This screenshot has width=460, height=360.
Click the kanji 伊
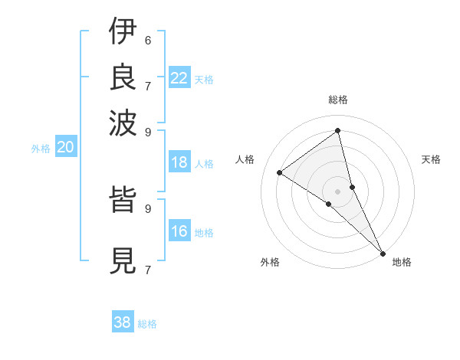pos(123,33)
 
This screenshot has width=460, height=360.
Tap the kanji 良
pos(123,77)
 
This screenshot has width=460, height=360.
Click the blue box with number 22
pos(179,78)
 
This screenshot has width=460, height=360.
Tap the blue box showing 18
pos(179,162)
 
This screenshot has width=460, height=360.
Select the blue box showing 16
pos(179,232)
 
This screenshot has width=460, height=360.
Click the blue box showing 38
pos(123,322)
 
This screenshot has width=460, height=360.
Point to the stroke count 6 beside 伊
pos(148,40)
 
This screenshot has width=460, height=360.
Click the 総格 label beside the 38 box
pos(147,324)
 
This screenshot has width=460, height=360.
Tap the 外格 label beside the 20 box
pos(41,149)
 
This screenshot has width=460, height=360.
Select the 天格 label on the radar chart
pos(431,159)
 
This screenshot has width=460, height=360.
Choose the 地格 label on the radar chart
pos(402,262)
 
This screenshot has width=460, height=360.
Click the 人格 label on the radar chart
pos(245,159)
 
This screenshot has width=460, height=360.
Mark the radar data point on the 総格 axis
pos(338,130)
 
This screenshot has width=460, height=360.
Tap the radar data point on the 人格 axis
pos(279,172)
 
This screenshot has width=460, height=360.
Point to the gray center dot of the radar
pos(338,191)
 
